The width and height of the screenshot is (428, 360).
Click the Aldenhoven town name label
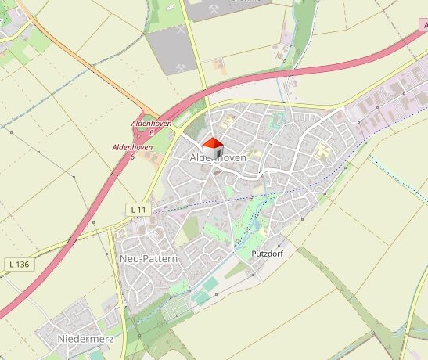(x=218, y=158)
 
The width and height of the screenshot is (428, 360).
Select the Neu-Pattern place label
(x=149, y=258)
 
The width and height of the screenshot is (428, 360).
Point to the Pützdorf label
(x=267, y=254)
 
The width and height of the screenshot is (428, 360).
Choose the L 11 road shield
(x=138, y=210)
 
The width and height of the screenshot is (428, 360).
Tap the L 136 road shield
(x=20, y=265)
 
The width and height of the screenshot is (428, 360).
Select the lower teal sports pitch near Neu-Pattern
(x=201, y=297)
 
